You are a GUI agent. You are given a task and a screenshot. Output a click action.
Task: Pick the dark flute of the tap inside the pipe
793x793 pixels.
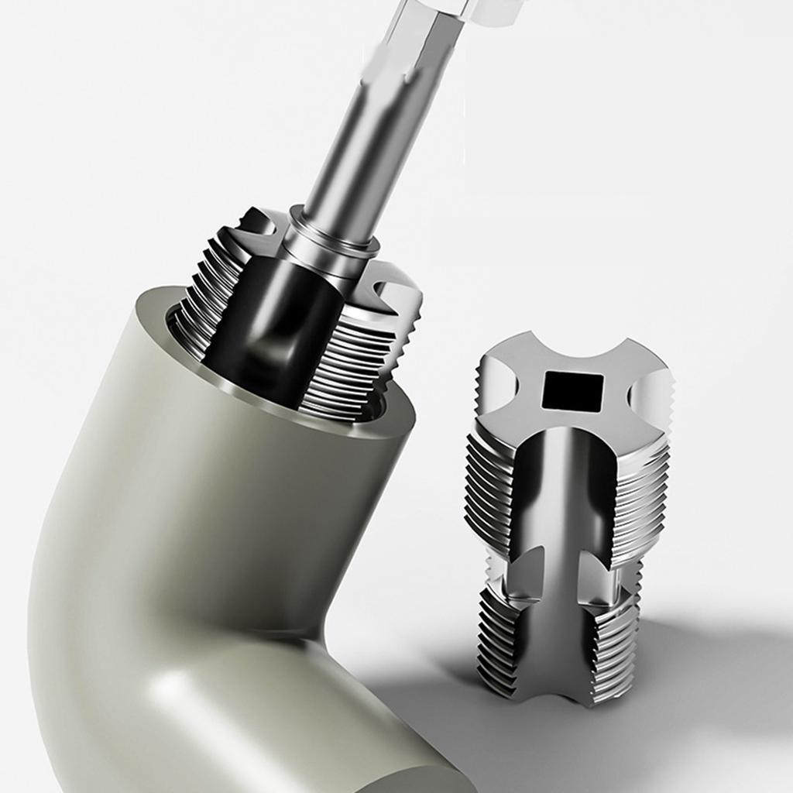tap(267, 325)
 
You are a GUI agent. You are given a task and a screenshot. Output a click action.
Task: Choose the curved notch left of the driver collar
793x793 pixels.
tap(259, 225)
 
